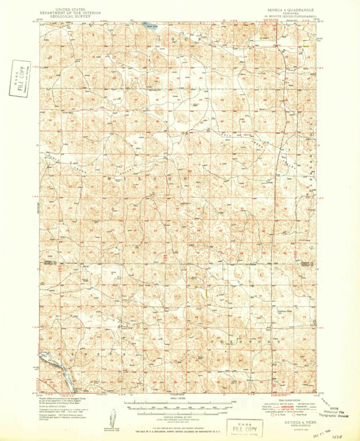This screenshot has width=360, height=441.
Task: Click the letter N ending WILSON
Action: point(185,178)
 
